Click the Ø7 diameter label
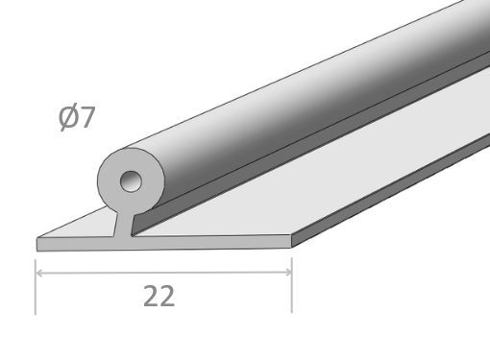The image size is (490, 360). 77,117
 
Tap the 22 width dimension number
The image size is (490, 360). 159,296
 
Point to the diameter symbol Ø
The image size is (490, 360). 68,117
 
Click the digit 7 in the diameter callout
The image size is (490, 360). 87,117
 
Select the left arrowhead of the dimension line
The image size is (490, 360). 39,273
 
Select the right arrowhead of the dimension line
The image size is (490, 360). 288,273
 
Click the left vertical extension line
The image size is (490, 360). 36,287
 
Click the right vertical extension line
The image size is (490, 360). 292,285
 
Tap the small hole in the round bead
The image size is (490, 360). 131,181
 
